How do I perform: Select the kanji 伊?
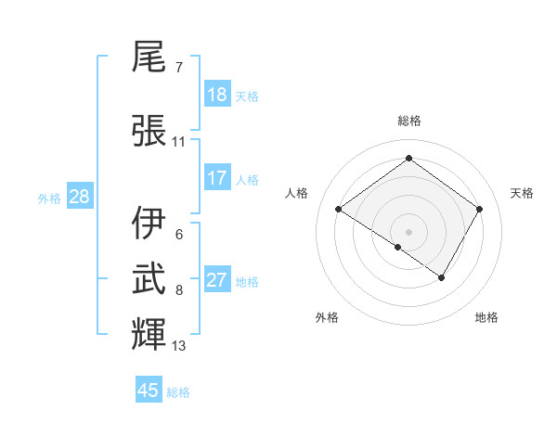click(x=149, y=224)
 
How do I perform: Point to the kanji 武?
click(x=149, y=277)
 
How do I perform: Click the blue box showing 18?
click(x=217, y=95)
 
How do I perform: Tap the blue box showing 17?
click(x=217, y=177)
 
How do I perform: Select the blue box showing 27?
click(x=217, y=280)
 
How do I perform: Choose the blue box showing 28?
click(x=79, y=197)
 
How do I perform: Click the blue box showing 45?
click(x=149, y=391)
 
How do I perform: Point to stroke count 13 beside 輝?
click(x=179, y=346)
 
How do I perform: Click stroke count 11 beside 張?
click(x=179, y=142)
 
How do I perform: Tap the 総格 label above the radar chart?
click(x=408, y=121)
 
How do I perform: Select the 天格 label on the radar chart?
click(x=523, y=193)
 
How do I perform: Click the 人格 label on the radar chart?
click(x=297, y=193)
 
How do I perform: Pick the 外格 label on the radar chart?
click(x=327, y=317)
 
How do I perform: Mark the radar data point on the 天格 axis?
click(x=479, y=209)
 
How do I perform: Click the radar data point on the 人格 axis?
click(x=339, y=210)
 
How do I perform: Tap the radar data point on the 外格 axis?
click(x=398, y=247)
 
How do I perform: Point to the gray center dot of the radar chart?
click(x=408, y=231)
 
